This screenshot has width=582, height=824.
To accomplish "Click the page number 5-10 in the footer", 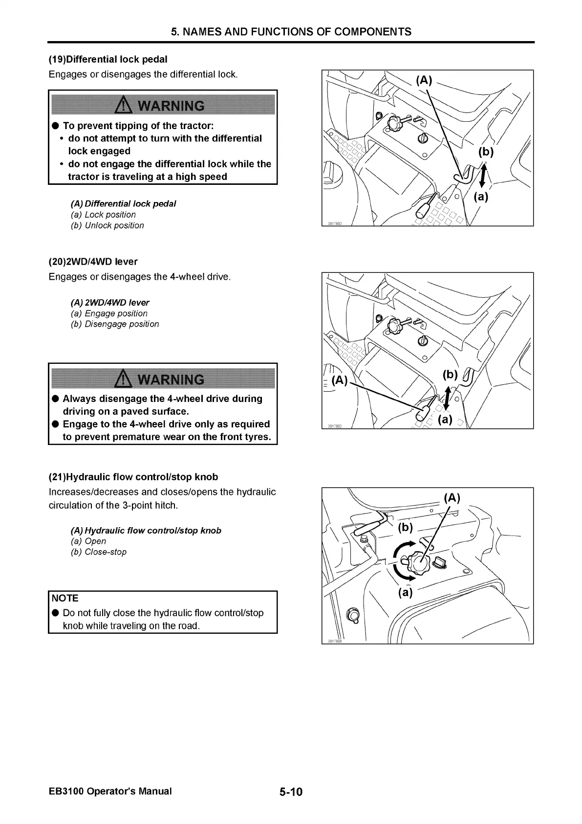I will [x=291, y=792].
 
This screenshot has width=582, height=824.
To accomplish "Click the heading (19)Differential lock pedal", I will [x=108, y=59].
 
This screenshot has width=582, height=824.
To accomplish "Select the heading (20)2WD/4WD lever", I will [x=93, y=262].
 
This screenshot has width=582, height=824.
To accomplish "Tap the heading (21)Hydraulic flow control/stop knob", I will [x=133, y=477].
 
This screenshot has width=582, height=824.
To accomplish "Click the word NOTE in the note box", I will [x=65, y=598].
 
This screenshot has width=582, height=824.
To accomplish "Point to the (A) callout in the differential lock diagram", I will [x=424, y=80].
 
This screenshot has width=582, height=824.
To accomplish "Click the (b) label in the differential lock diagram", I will [x=486, y=152].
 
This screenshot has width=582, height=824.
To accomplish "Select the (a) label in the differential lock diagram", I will [x=481, y=197].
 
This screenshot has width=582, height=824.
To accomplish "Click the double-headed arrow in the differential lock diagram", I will [x=483, y=175].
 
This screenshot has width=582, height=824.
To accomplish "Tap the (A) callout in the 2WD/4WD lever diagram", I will [x=339, y=380].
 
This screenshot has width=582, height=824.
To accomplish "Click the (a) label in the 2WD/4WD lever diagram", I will [x=445, y=420].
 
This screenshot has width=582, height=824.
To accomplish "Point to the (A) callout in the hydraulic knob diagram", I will [x=452, y=498].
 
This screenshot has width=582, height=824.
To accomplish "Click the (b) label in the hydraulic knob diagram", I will [x=405, y=527].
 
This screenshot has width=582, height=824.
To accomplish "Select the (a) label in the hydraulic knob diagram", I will [x=405, y=593].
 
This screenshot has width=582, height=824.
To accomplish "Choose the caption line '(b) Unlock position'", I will [x=108, y=225].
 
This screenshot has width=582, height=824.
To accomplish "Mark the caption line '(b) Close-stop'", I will [x=99, y=552].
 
